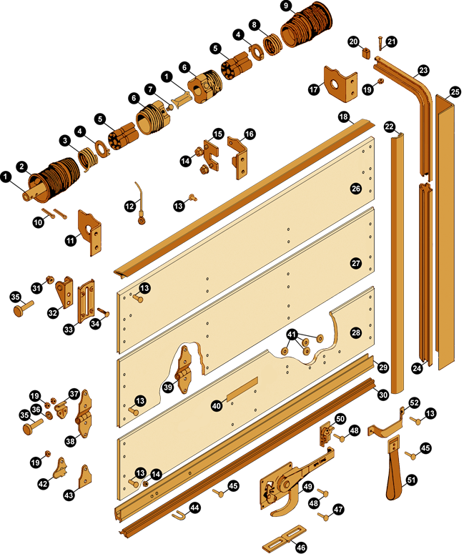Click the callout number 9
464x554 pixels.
[285, 6]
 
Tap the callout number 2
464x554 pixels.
[22, 167]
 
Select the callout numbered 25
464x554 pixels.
[455, 92]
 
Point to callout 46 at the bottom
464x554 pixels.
[301, 548]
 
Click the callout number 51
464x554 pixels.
[412, 480]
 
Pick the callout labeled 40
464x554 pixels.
[217, 405]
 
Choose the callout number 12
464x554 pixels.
[130, 206]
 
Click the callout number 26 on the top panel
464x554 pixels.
[356, 188]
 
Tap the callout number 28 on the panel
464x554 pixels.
[356, 332]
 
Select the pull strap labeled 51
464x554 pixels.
[394, 466]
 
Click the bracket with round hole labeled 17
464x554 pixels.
[340, 83]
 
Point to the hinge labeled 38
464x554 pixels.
[84, 413]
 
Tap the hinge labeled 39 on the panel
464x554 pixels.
[184, 370]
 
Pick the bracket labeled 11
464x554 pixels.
[90, 232]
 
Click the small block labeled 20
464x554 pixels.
[366, 54]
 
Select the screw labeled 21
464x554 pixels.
[380, 42]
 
